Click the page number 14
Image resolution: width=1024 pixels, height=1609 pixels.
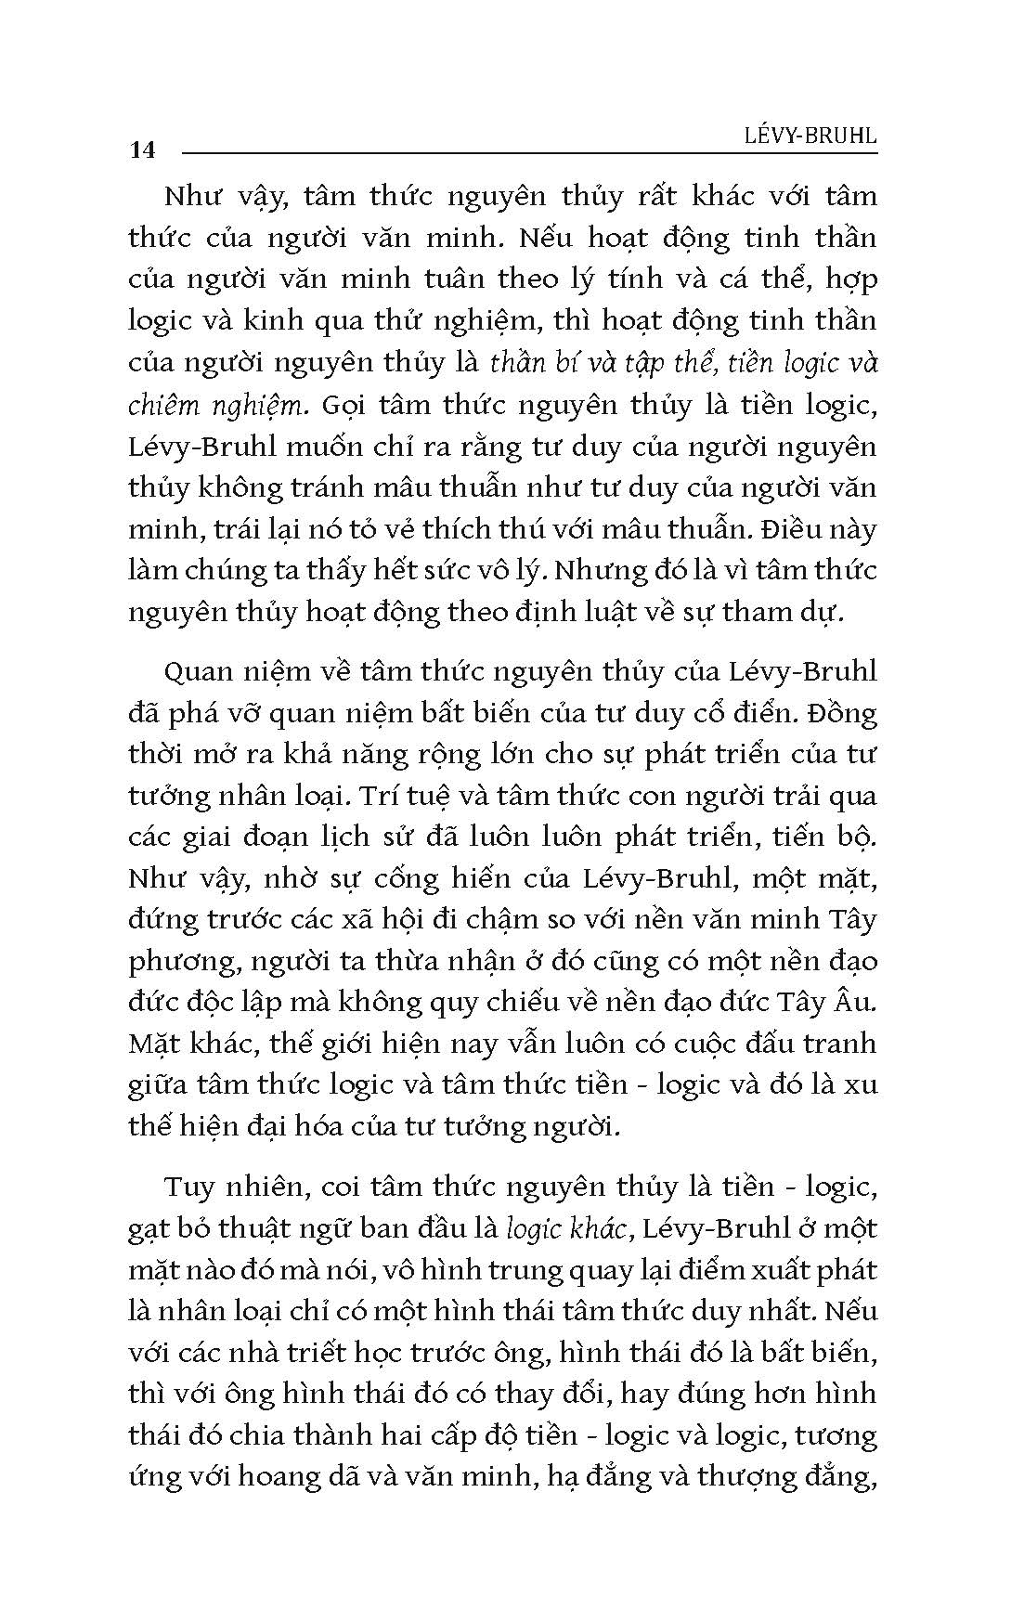tap(143, 149)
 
